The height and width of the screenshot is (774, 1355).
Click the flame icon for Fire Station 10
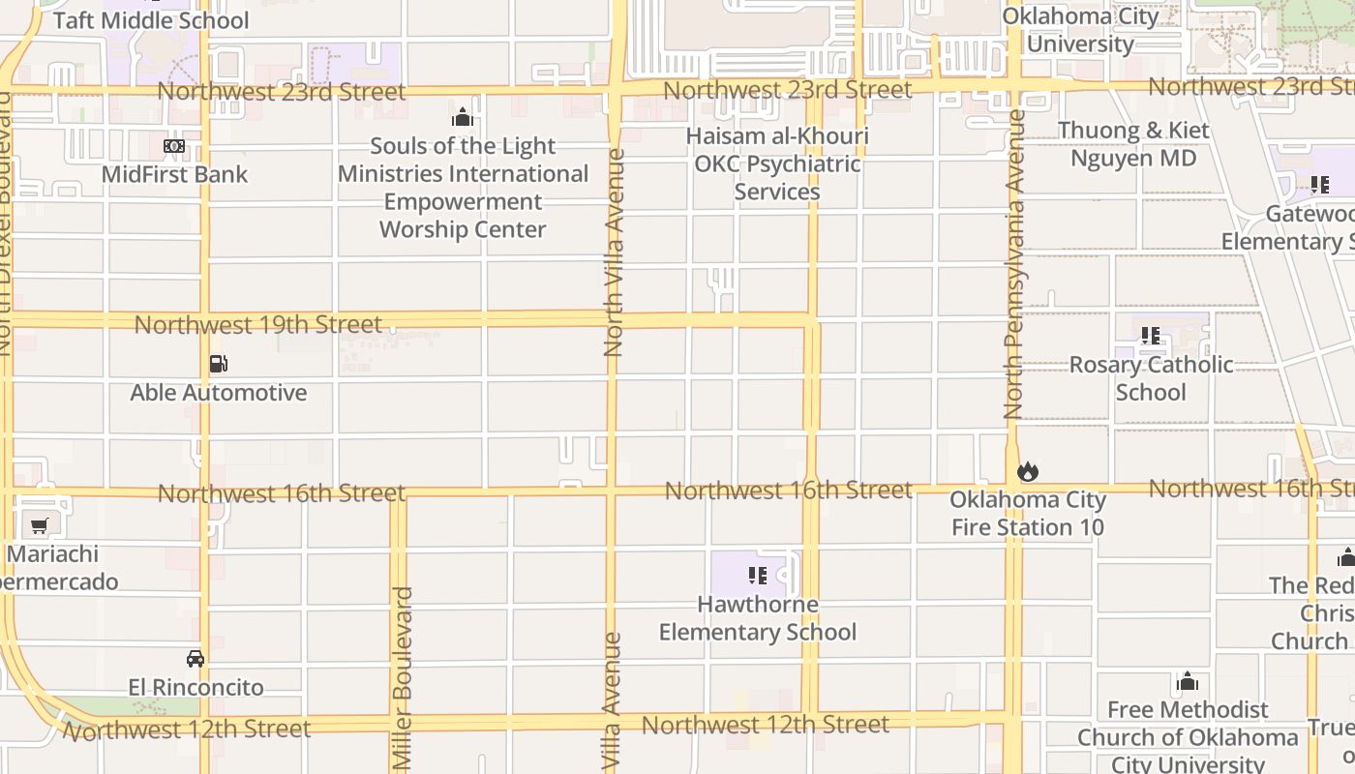[1027, 472]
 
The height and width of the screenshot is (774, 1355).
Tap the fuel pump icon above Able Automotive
[219, 365]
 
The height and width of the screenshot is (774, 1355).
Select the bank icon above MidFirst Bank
[174, 146]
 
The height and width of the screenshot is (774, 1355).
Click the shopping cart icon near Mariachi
[39, 526]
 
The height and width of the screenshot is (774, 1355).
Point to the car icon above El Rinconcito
[196, 659]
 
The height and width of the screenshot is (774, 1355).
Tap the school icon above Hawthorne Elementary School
[757, 577]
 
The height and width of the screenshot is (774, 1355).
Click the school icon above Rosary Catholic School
[1150, 337]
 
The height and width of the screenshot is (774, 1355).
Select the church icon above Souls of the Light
[463, 118]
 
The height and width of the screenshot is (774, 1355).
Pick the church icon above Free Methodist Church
[1188, 682]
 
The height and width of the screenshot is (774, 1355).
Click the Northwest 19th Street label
[257, 325]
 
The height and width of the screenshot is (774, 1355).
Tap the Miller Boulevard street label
[404, 677]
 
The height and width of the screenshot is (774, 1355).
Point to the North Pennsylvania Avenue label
[1014, 264]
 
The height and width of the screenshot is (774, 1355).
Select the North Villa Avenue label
[614, 252]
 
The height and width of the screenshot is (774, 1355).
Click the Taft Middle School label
[151, 20]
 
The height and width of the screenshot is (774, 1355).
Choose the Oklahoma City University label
[1080, 30]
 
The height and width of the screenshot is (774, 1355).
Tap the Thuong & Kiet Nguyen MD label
[1133, 144]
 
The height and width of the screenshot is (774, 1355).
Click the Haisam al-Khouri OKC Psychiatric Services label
[777, 164]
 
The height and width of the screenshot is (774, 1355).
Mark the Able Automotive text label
[219, 393]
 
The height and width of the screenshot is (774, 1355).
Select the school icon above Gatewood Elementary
[1319, 185]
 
